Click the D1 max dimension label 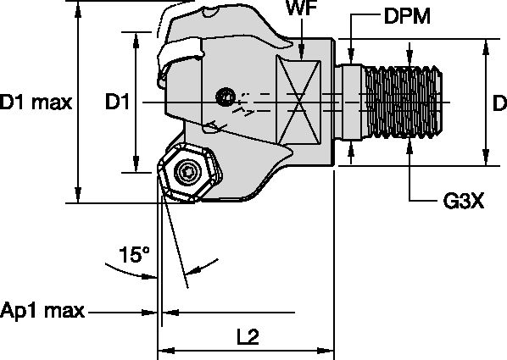pos(36,102)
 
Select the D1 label pos(116,102)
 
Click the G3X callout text pos(463,202)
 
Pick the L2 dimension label pos(247,335)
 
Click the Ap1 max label pos(42,311)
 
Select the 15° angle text pos(134,253)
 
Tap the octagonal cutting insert pos(188,176)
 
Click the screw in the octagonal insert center pos(188,176)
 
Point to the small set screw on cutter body pos(226,98)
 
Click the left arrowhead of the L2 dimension pos(164,349)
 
